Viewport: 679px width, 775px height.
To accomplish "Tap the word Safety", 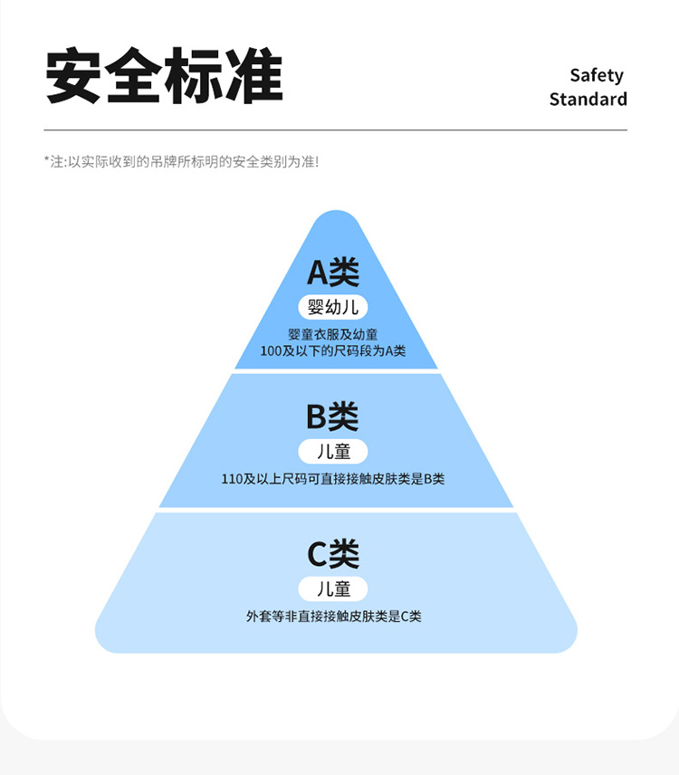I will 597,75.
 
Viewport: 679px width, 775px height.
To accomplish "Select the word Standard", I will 588,99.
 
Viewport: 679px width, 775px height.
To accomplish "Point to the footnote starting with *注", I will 181,161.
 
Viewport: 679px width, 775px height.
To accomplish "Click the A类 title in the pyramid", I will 333,272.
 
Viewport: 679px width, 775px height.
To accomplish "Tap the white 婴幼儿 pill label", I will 333,307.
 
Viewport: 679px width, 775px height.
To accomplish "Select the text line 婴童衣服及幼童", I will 333,334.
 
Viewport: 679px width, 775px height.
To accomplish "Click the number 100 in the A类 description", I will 271,350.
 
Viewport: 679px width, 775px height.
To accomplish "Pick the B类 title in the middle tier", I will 332,416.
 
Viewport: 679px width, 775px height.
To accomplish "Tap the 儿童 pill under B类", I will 333,451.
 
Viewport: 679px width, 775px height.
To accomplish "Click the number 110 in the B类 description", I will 233,479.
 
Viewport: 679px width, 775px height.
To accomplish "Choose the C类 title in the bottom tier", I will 333,553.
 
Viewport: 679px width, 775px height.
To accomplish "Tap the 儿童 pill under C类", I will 333,588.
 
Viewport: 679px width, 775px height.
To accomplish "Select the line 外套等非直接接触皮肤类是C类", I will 333,617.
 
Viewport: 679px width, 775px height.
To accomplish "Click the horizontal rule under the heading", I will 335,130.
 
